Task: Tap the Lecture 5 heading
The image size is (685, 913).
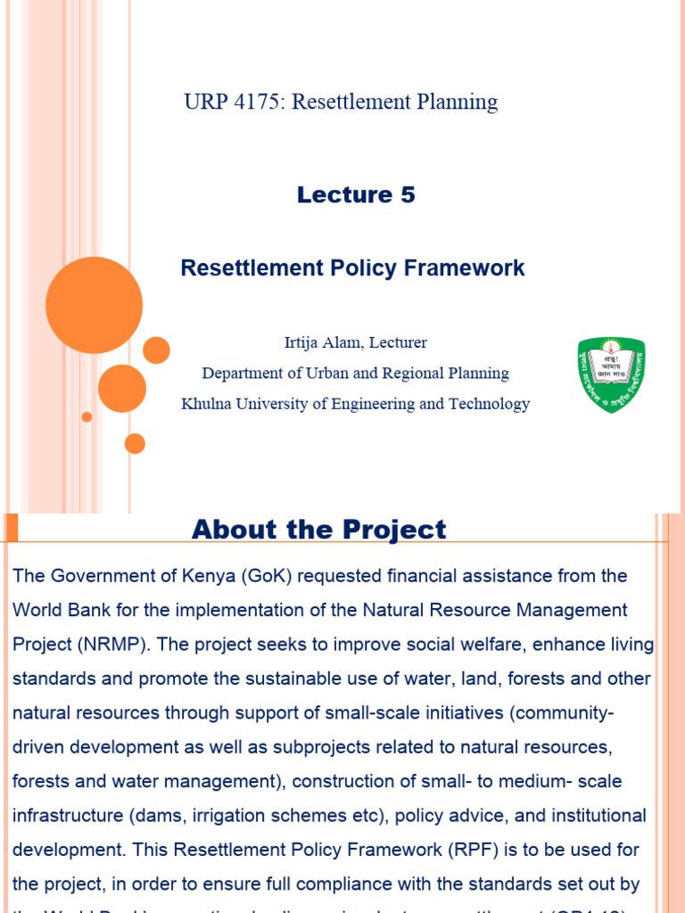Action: [x=356, y=194]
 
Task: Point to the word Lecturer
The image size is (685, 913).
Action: [x=396, y=342]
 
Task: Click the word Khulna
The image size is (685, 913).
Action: [x=206, y=404]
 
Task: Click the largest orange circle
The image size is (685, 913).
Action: [x=94, y=305]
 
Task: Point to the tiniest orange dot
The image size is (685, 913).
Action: [x=87, y=416]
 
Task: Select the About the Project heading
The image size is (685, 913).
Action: [x=318, y=530]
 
